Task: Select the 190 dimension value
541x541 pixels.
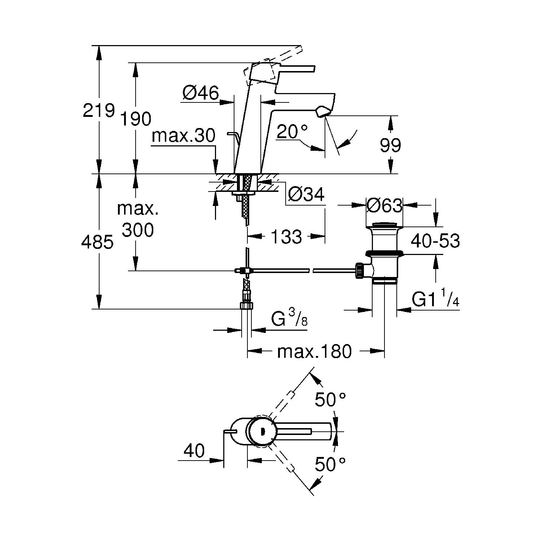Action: (135, 119)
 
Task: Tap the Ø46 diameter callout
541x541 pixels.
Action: (201, 93)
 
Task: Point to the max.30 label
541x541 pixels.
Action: (184, 136)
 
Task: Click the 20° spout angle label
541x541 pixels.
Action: (293, 132)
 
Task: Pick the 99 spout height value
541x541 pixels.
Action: (390, 146)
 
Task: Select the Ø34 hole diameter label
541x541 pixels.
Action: (306, 195)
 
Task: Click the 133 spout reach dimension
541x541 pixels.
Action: (286, 237)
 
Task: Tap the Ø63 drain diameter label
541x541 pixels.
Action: (384, 206)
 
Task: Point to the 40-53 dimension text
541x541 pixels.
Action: (435, 241)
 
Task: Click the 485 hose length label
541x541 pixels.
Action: (97, 242)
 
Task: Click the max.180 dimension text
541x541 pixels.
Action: (314, 351)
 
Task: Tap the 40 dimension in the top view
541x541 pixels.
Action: (194, 450)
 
